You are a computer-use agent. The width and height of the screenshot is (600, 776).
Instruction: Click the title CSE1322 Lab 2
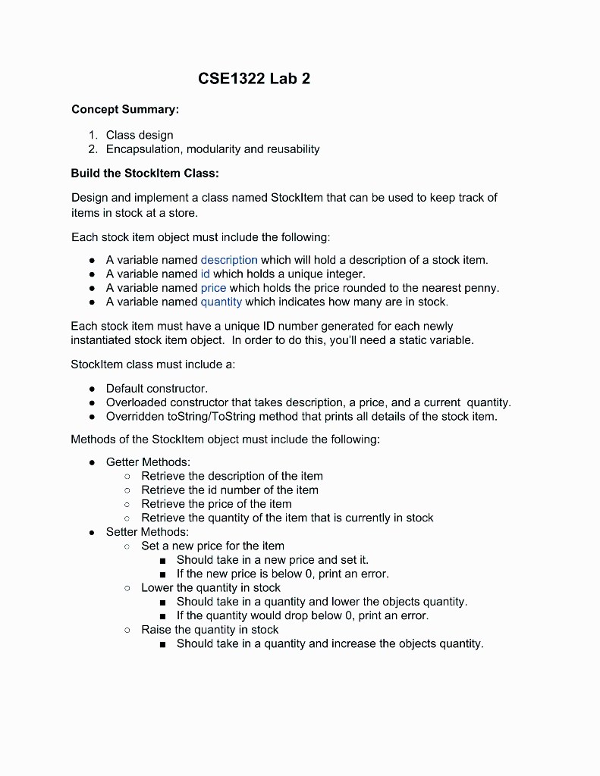tap(254, 79)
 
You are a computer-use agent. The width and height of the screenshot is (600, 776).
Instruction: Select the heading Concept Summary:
tap(125, 110)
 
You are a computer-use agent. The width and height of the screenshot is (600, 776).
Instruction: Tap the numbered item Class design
tap(140, 135)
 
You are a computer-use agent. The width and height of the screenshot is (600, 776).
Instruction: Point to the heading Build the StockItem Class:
tap(145, 173)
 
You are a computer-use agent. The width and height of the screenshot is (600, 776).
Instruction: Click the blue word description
tap(229, 260)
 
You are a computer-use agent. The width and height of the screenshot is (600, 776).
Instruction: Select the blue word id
tap(205, 274)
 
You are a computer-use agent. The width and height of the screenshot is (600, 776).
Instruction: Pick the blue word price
tap(213, 288)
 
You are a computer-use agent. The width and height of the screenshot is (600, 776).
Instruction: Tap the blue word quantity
tap(221, 302)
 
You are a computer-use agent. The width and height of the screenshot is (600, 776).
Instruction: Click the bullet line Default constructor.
tap(156, 388)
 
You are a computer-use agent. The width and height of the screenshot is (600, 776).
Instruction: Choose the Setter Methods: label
tap(147, 532)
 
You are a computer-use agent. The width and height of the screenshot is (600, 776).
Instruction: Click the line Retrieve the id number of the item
tap(230, 490)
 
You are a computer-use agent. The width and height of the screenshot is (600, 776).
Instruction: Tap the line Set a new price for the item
tap(213, 546)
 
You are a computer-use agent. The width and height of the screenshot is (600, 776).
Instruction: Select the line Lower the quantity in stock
tap(211, 588)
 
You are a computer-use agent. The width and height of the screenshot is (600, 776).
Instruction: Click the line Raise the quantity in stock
tap(210, 630)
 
